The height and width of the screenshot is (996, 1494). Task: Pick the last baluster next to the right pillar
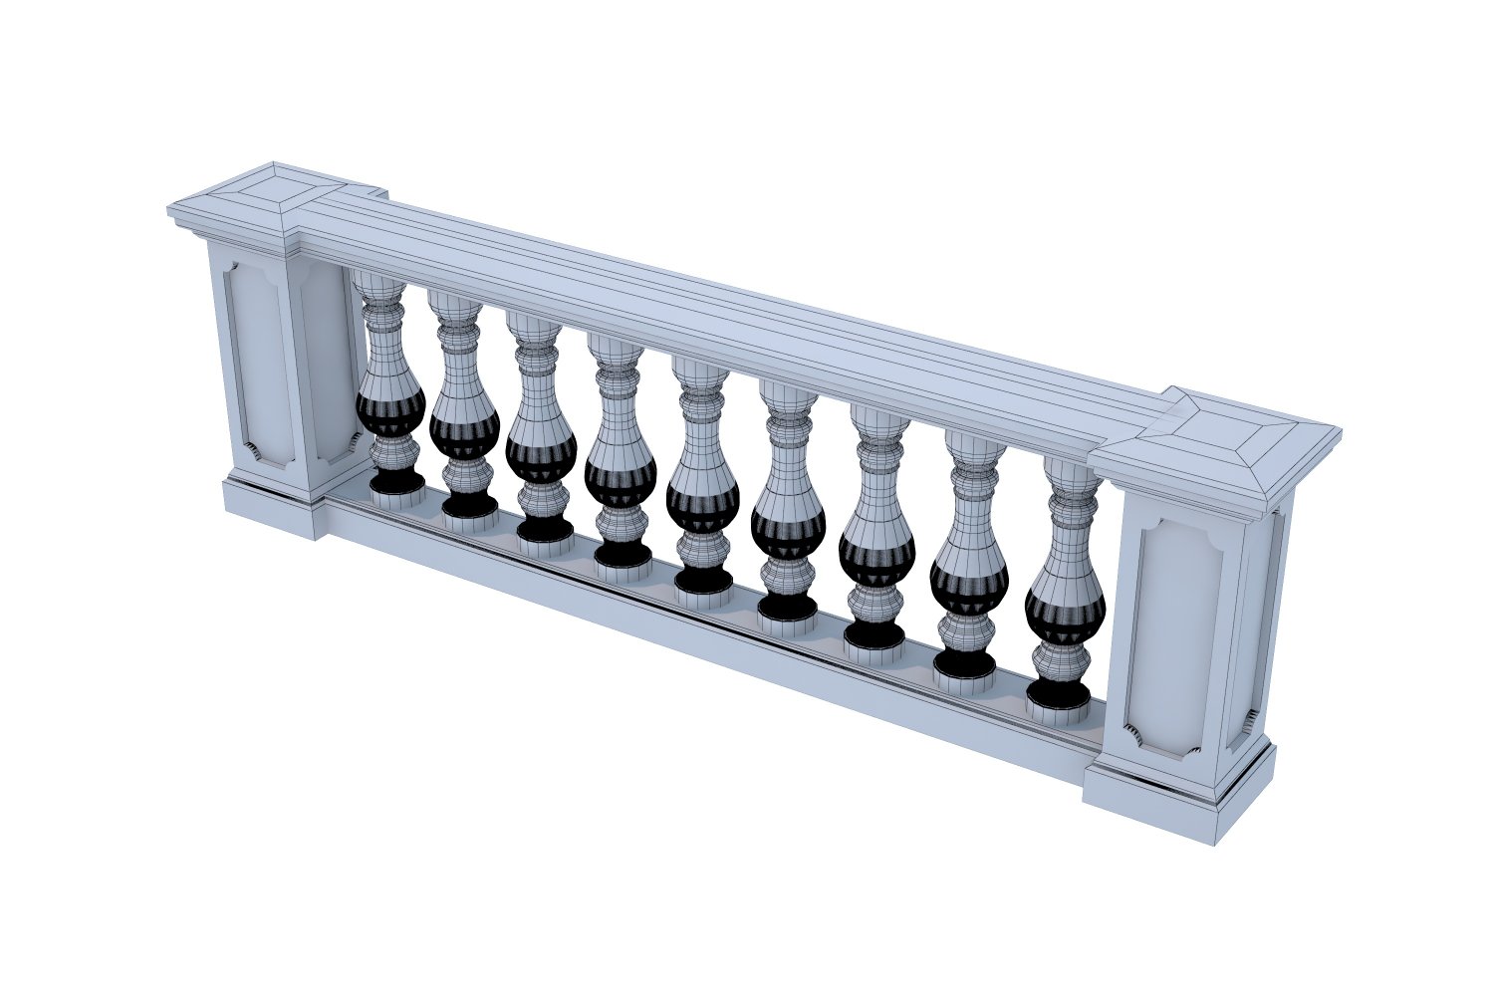[1065, 588]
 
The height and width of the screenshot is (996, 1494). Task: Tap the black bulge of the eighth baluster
[968, 584]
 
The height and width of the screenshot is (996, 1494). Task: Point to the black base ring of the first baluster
[396, 483]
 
